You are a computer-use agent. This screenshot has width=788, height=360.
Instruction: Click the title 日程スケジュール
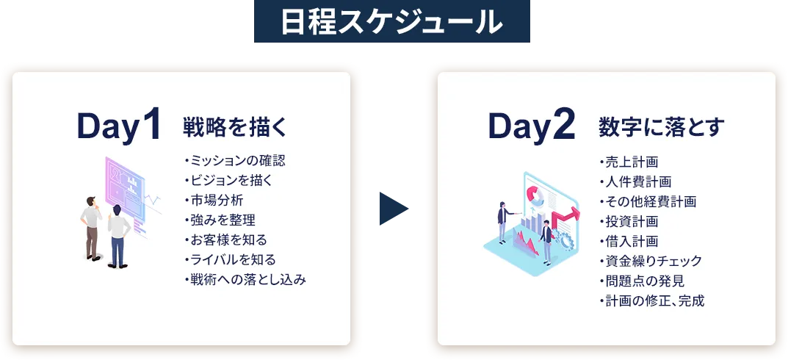tap(391, 21)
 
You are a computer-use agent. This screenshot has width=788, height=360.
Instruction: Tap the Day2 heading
tap(532, 126)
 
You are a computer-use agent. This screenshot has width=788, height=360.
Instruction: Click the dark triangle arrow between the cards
tap(394, 208)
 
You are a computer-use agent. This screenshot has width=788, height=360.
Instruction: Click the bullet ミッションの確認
tap(235, 162)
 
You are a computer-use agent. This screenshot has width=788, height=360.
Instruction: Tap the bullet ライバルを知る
tap(230, 260)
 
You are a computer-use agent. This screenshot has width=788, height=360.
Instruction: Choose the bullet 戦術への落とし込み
tap(245, 280)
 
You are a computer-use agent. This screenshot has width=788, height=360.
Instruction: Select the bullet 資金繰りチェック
tap(650, 261)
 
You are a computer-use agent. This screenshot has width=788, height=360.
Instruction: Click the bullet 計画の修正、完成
tap(652, 300)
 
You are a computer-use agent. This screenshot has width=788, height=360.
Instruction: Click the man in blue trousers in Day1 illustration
tap(119, 236)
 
